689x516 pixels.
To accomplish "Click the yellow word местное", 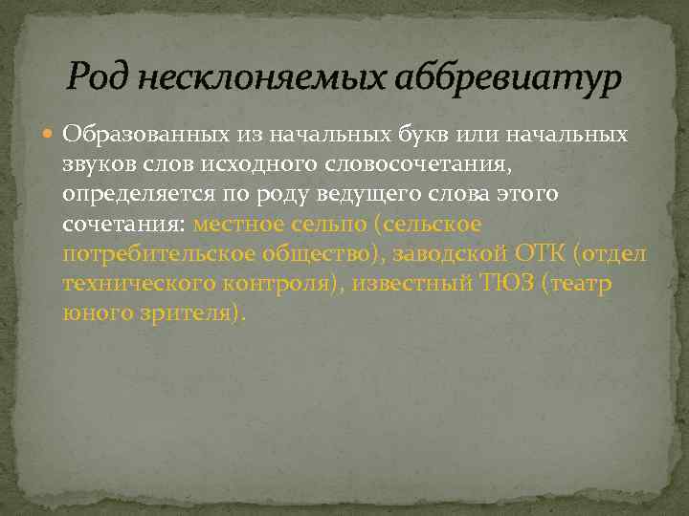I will tap(239, 226).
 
